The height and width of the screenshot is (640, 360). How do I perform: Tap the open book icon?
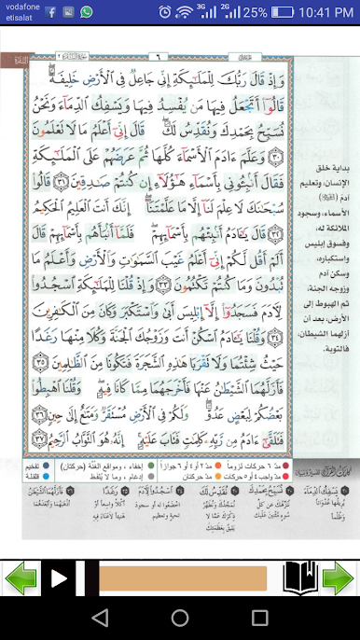[300, 577]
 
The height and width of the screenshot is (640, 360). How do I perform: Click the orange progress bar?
[183, 578]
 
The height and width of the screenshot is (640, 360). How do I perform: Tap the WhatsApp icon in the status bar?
[86, 12]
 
